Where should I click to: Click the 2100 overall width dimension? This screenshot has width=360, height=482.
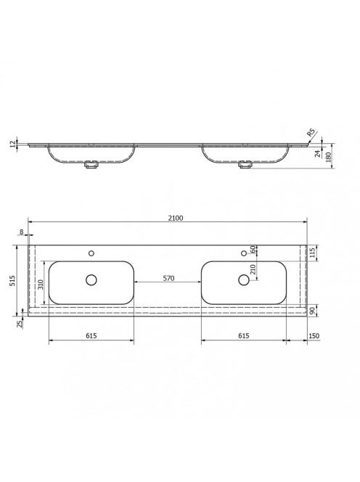[x=176, y=218]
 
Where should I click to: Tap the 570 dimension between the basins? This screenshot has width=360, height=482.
[x=168, y=278]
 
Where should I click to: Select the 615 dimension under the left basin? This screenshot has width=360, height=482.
[x=91, y=335]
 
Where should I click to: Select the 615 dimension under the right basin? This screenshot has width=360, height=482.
[x=243, y=335]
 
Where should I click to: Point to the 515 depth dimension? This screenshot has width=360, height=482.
[x=12, y=280]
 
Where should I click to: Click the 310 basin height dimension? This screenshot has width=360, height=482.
[x=41, y=284]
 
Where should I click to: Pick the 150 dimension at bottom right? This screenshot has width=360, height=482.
[x=314, y=336]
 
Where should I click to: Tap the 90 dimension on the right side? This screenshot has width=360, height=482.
[x=313, y=311]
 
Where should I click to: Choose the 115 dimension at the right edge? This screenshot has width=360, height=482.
[x=313, y=253]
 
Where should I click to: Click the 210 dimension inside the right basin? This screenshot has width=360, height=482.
[x=253, y=269]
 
